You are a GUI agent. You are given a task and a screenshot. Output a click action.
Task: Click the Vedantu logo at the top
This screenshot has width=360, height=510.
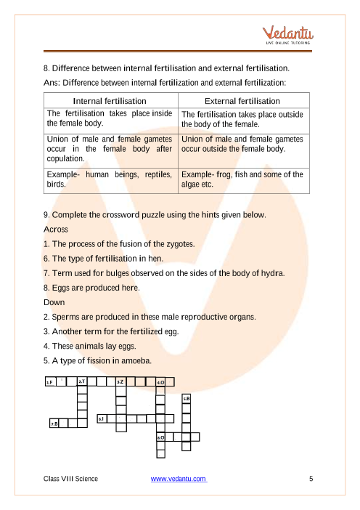click(288, 35)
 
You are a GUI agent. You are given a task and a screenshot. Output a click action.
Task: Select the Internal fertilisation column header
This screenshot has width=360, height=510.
click(110, 101)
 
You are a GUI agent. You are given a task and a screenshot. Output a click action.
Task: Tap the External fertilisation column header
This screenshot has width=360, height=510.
click(242, 101)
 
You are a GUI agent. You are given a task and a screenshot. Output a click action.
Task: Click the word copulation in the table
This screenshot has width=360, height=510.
click(65, 158)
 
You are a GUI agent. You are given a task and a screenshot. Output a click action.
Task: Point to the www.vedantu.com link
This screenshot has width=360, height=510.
click(179, 479)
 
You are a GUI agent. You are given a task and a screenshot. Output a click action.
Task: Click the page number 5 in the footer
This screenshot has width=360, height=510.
click(311, 479)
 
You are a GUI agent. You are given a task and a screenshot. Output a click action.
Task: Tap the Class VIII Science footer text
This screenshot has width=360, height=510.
click(70, 479)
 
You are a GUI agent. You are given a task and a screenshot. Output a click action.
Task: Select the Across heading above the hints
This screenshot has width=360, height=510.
click(56, 230)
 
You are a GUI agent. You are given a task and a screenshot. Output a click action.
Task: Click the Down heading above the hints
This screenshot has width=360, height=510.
click(54, 302)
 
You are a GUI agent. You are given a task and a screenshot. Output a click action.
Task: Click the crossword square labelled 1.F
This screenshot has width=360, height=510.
click(50, 381)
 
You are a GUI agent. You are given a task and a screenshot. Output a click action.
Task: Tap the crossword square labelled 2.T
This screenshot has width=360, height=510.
click(82, 381)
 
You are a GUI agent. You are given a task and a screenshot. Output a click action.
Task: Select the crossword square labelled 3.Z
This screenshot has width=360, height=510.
click(121, 381)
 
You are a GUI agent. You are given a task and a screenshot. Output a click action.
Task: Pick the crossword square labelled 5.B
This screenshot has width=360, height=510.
click(187, 399)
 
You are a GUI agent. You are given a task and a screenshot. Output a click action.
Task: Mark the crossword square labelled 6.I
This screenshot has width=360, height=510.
click(102, 418)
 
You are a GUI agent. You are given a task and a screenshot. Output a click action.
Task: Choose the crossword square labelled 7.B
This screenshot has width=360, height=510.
click(54, 423)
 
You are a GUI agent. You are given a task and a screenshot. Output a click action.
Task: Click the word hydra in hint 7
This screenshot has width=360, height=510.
click(273, 273)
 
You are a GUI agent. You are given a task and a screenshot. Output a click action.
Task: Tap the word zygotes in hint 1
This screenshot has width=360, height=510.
click(180, 244)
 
